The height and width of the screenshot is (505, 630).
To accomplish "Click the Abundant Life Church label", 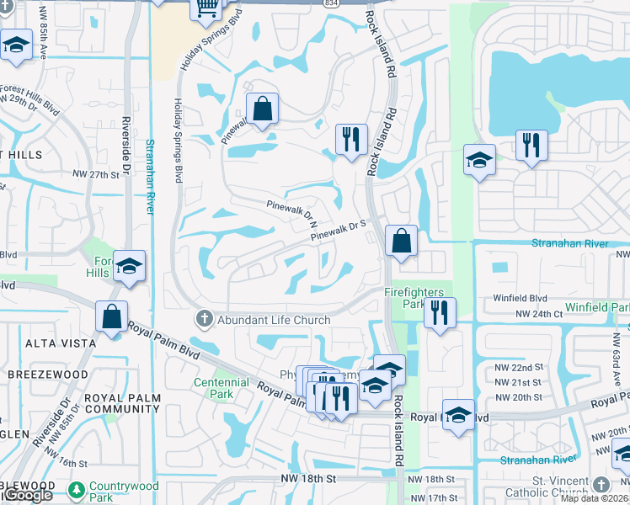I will (x=275, y=320).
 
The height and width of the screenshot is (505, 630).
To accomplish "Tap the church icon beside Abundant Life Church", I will (x=203, y=320).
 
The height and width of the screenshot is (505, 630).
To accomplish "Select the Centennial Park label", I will (x=222, y=388).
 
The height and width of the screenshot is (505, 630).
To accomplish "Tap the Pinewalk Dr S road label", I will (x=340, y=228).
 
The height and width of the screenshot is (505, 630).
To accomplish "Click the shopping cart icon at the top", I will (x=206, y=8).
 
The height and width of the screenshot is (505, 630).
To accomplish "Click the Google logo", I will (x=28, y=496).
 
